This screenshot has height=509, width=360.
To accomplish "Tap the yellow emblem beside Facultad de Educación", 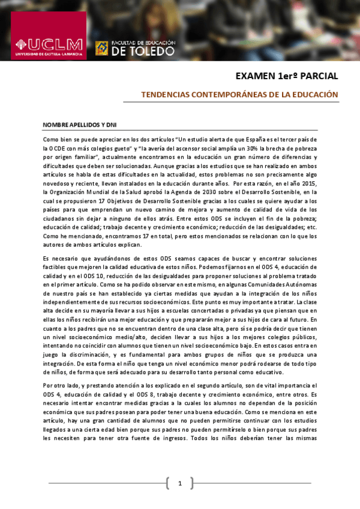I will [x=102, y=47].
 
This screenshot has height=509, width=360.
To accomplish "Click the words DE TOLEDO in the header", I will [x=143, y=51].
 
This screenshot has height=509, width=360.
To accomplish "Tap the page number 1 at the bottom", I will [x=179, y=483].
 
